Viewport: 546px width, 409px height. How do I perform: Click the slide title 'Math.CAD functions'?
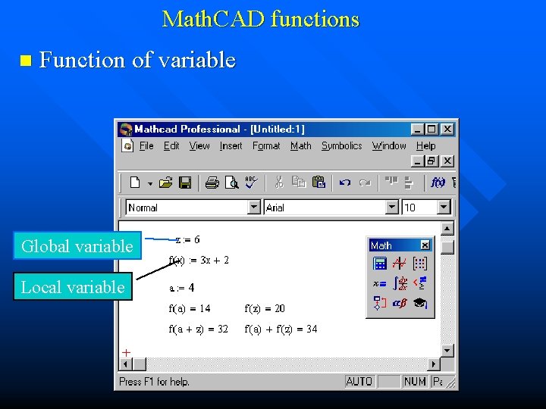[260, 19]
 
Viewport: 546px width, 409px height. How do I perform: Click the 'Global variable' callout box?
[77, 246]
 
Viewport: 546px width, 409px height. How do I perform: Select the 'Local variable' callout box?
[73, 287]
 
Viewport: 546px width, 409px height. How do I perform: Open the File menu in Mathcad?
[146, 146]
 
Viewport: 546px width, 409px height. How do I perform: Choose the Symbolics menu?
[341, 146]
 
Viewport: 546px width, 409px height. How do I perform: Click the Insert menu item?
[231, 146]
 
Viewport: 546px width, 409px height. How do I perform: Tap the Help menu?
[426, 146]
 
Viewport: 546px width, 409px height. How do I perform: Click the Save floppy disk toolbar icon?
[185, 183]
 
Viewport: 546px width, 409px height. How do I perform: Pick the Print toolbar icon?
[212, 183]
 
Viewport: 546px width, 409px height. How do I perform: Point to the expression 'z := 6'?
[188, 240]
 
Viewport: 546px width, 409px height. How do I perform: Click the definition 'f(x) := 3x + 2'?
[199, 261]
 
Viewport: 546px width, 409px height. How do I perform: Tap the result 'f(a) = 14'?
[190, 308]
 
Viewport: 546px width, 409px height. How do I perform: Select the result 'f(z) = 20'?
[265, 308]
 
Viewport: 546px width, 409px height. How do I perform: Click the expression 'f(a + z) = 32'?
[198, 329]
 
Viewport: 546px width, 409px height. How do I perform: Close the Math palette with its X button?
[425, 245]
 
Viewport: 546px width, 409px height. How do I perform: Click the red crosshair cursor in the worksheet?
[127, 352]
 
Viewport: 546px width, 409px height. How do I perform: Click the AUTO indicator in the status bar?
[359, 382]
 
